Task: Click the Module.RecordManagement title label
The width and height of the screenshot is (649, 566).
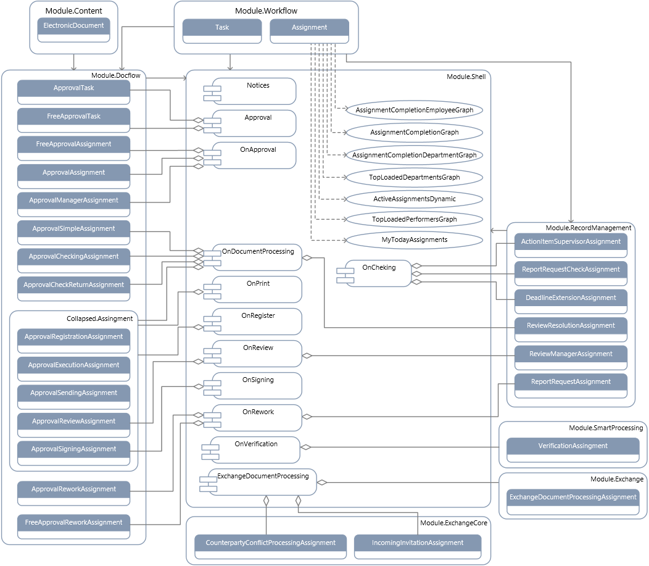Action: point(589,228)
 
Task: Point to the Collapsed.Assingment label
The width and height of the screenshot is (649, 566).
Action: point(99,318)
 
